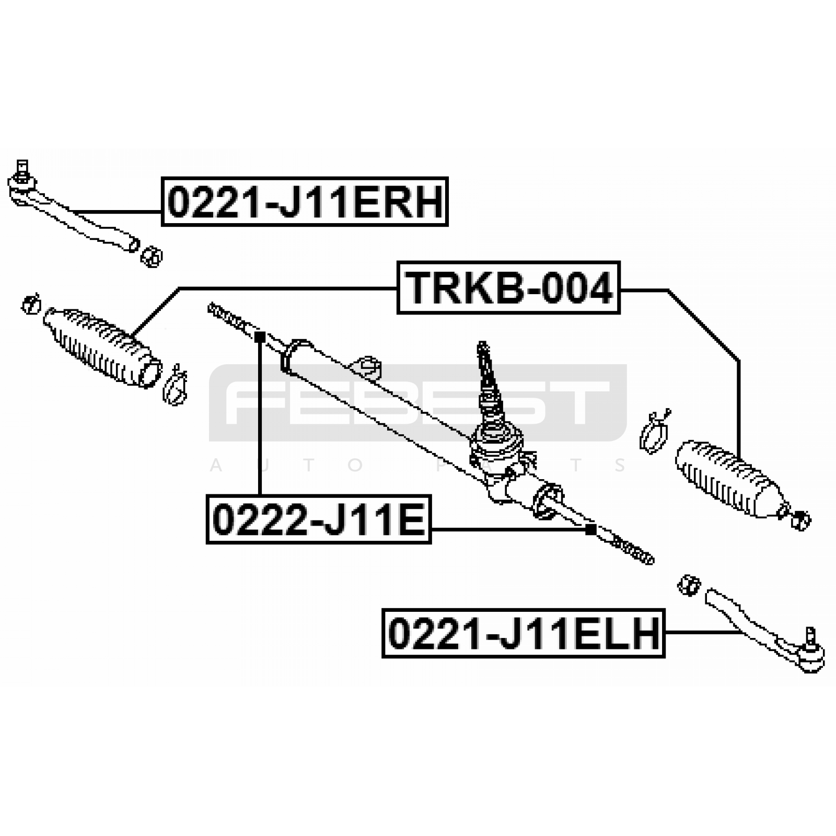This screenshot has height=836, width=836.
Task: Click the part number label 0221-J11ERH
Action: pyautogui.click(x=305, y=202)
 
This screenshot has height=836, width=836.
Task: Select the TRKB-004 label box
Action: pyautogui.click(x=508, y=287)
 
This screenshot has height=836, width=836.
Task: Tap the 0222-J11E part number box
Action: pyautogui.click(x=319, y=519)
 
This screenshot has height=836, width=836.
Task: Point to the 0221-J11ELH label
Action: pyautogui.click(x=523, y=633)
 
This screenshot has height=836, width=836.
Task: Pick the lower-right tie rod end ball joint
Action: pyautogui.click(x=810, y=653)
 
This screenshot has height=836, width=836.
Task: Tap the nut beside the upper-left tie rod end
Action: pyautogui.click(x=152, y=257)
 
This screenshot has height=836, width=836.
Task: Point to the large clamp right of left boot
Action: pyautogui.click(x=175, y=386)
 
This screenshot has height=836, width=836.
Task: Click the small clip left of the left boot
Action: pyautogui.click(x=31, y=304)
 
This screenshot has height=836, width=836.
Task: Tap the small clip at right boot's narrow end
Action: pyautogui.click(x=800, y=520)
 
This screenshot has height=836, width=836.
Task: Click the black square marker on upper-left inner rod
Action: pyautogui.click(x=260, y=337)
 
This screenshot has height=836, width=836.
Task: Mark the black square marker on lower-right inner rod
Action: pyautogui.click(x=590, y=530)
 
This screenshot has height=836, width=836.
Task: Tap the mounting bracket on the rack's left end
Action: pyautogui.click(x=295, y=355)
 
